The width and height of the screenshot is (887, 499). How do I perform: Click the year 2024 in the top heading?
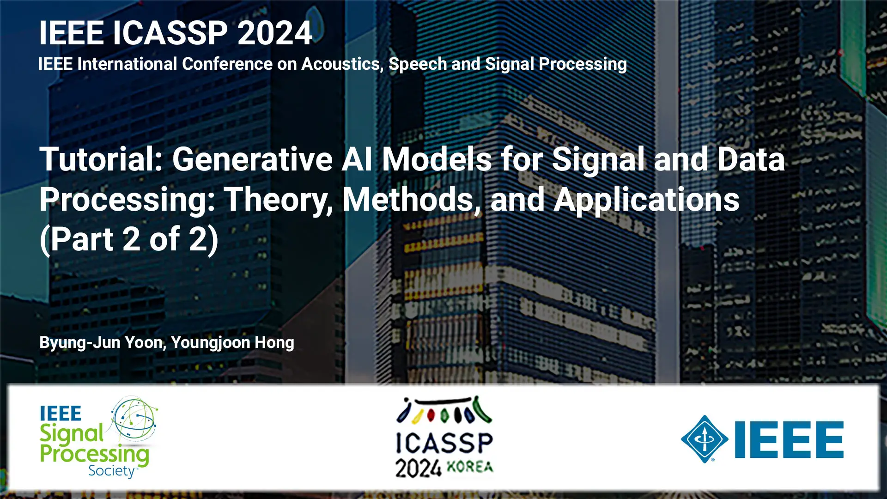(x=275, y=33)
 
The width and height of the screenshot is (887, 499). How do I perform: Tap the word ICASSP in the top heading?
(x=170, y=33)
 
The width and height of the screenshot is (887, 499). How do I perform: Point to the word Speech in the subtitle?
(x=418, y=64)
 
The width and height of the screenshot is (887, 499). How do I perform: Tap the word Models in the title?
(x=437, y=159)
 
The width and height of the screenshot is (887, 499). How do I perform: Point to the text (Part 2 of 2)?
(x=129, y=240)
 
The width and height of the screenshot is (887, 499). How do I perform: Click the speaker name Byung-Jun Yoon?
(x=102, y=343)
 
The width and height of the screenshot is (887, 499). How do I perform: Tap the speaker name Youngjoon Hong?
(x=232, y=343)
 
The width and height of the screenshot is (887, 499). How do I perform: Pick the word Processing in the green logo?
(x=95, y=454)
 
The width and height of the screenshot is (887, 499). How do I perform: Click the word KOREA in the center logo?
(x=470, y=467)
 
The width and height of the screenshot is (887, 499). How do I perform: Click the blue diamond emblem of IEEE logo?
(x=705, y=439)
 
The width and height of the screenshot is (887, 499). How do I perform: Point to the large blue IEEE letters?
(x=789, y=439)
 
